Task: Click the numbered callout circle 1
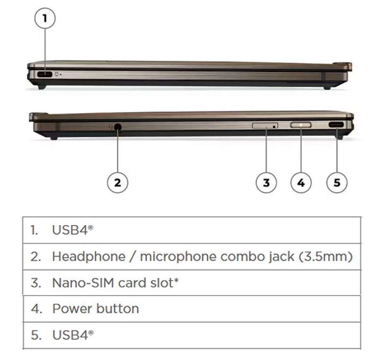tap(45, 18)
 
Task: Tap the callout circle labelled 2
tap(117, 183)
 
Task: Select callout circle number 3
tap(266, 183)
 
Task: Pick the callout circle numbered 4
tap(301, 183)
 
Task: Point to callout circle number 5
tap(337, 183)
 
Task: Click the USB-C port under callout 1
tap(45, 74)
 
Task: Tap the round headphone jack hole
tap(118, 127)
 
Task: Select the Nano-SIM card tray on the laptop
tap(265, 126)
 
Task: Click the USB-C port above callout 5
tap(336, 125)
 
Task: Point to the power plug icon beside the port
tap(57, 74)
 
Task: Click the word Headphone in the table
tap(89, 257)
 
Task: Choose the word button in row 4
tap(117, 309)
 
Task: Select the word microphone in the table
tap(178, 257)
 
